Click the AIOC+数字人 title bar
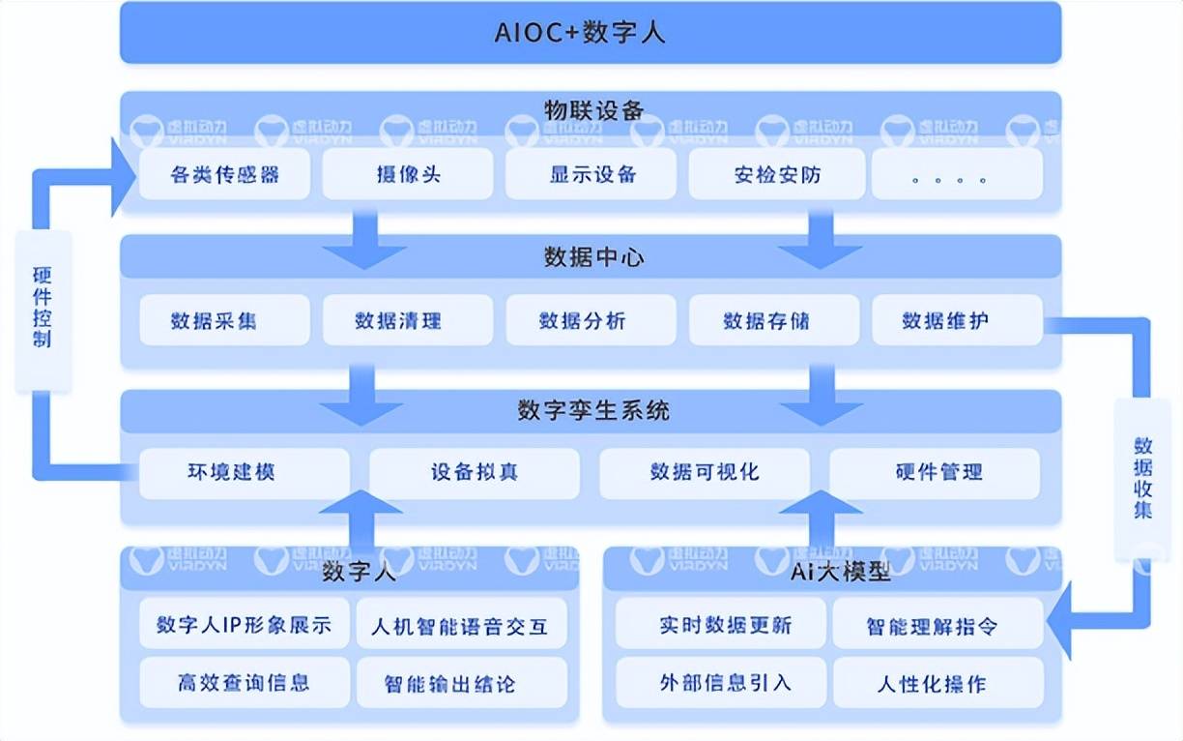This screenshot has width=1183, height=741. [x=590, y=33]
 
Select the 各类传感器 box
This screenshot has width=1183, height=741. [x=224, y=175]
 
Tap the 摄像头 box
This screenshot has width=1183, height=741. [x=408, y=175]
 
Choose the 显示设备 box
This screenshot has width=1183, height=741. [x=591, y=175]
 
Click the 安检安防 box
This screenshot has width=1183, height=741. [x=774, y=175]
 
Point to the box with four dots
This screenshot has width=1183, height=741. [x=957, y=175]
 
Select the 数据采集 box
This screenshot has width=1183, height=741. [x=224, y=320]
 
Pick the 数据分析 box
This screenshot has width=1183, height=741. [x=591, y=320]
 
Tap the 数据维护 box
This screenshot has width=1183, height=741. [x=957, y=320]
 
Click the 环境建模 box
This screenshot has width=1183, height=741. [x=244, y=473]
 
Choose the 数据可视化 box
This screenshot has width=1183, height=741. [x=705, y=473]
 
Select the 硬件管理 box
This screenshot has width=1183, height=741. [x=935, y=473]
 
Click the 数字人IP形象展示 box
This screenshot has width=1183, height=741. [x=244, y=626]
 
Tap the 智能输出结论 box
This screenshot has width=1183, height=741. [x=462, y=684]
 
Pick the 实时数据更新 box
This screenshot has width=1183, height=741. [x=721, y=626]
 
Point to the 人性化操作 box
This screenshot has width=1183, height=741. [x=938, y=684]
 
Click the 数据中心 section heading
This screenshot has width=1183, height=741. [x=591, y=257]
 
